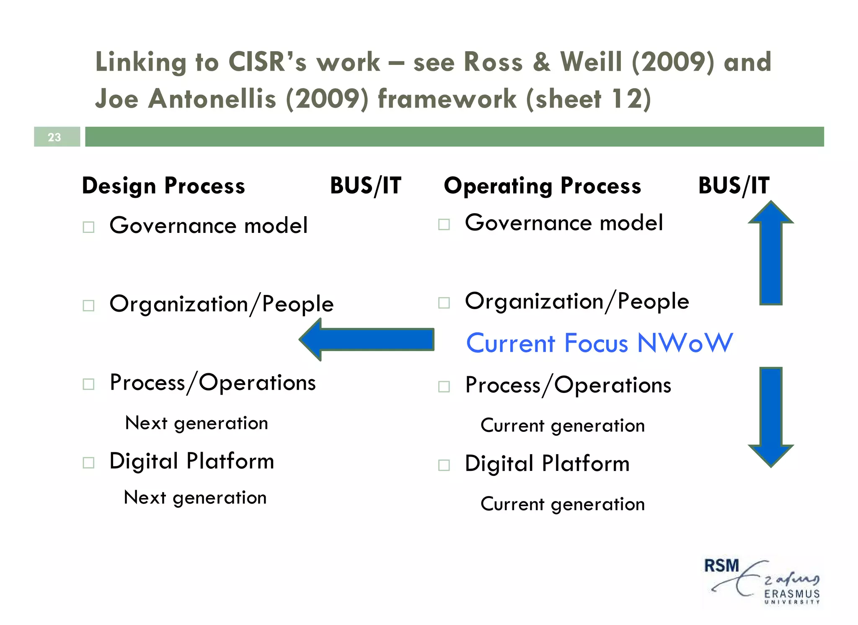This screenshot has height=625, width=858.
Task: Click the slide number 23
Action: click(x=54, y=137)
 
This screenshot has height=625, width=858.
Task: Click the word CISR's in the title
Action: click(x=267, y=62)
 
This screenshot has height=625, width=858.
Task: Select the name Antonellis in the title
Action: click(x=212, y=99)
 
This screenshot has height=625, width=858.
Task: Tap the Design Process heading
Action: click(x=163, y=186)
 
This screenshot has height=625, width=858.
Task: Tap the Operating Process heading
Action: click(x=542, y=186)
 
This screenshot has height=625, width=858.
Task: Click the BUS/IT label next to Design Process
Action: click(x=365, y=186)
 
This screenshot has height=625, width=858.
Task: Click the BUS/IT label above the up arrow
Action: click(x=734, y=186)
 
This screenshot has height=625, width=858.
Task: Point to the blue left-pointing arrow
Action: click(x=367, y=339)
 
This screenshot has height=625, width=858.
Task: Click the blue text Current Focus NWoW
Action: click(x=599, y=343)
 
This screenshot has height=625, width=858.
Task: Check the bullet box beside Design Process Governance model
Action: click(x=88, y=227)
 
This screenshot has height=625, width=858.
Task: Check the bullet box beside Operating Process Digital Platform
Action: click(x=444, y=465)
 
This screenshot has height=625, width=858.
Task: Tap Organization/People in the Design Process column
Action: click(x=221, y=304)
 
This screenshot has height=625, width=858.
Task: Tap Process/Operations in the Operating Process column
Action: click(x=568, y=385)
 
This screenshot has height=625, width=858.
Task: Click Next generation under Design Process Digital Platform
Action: click(x=195, y=498)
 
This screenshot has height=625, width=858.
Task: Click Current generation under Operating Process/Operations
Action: click(x=562, y=426)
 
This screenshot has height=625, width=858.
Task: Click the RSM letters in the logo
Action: click(x=721, y=566)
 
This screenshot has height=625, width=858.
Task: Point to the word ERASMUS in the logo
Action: click(x=792, y=594)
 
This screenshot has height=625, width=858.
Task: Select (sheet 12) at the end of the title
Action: click(x=588, y=99)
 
